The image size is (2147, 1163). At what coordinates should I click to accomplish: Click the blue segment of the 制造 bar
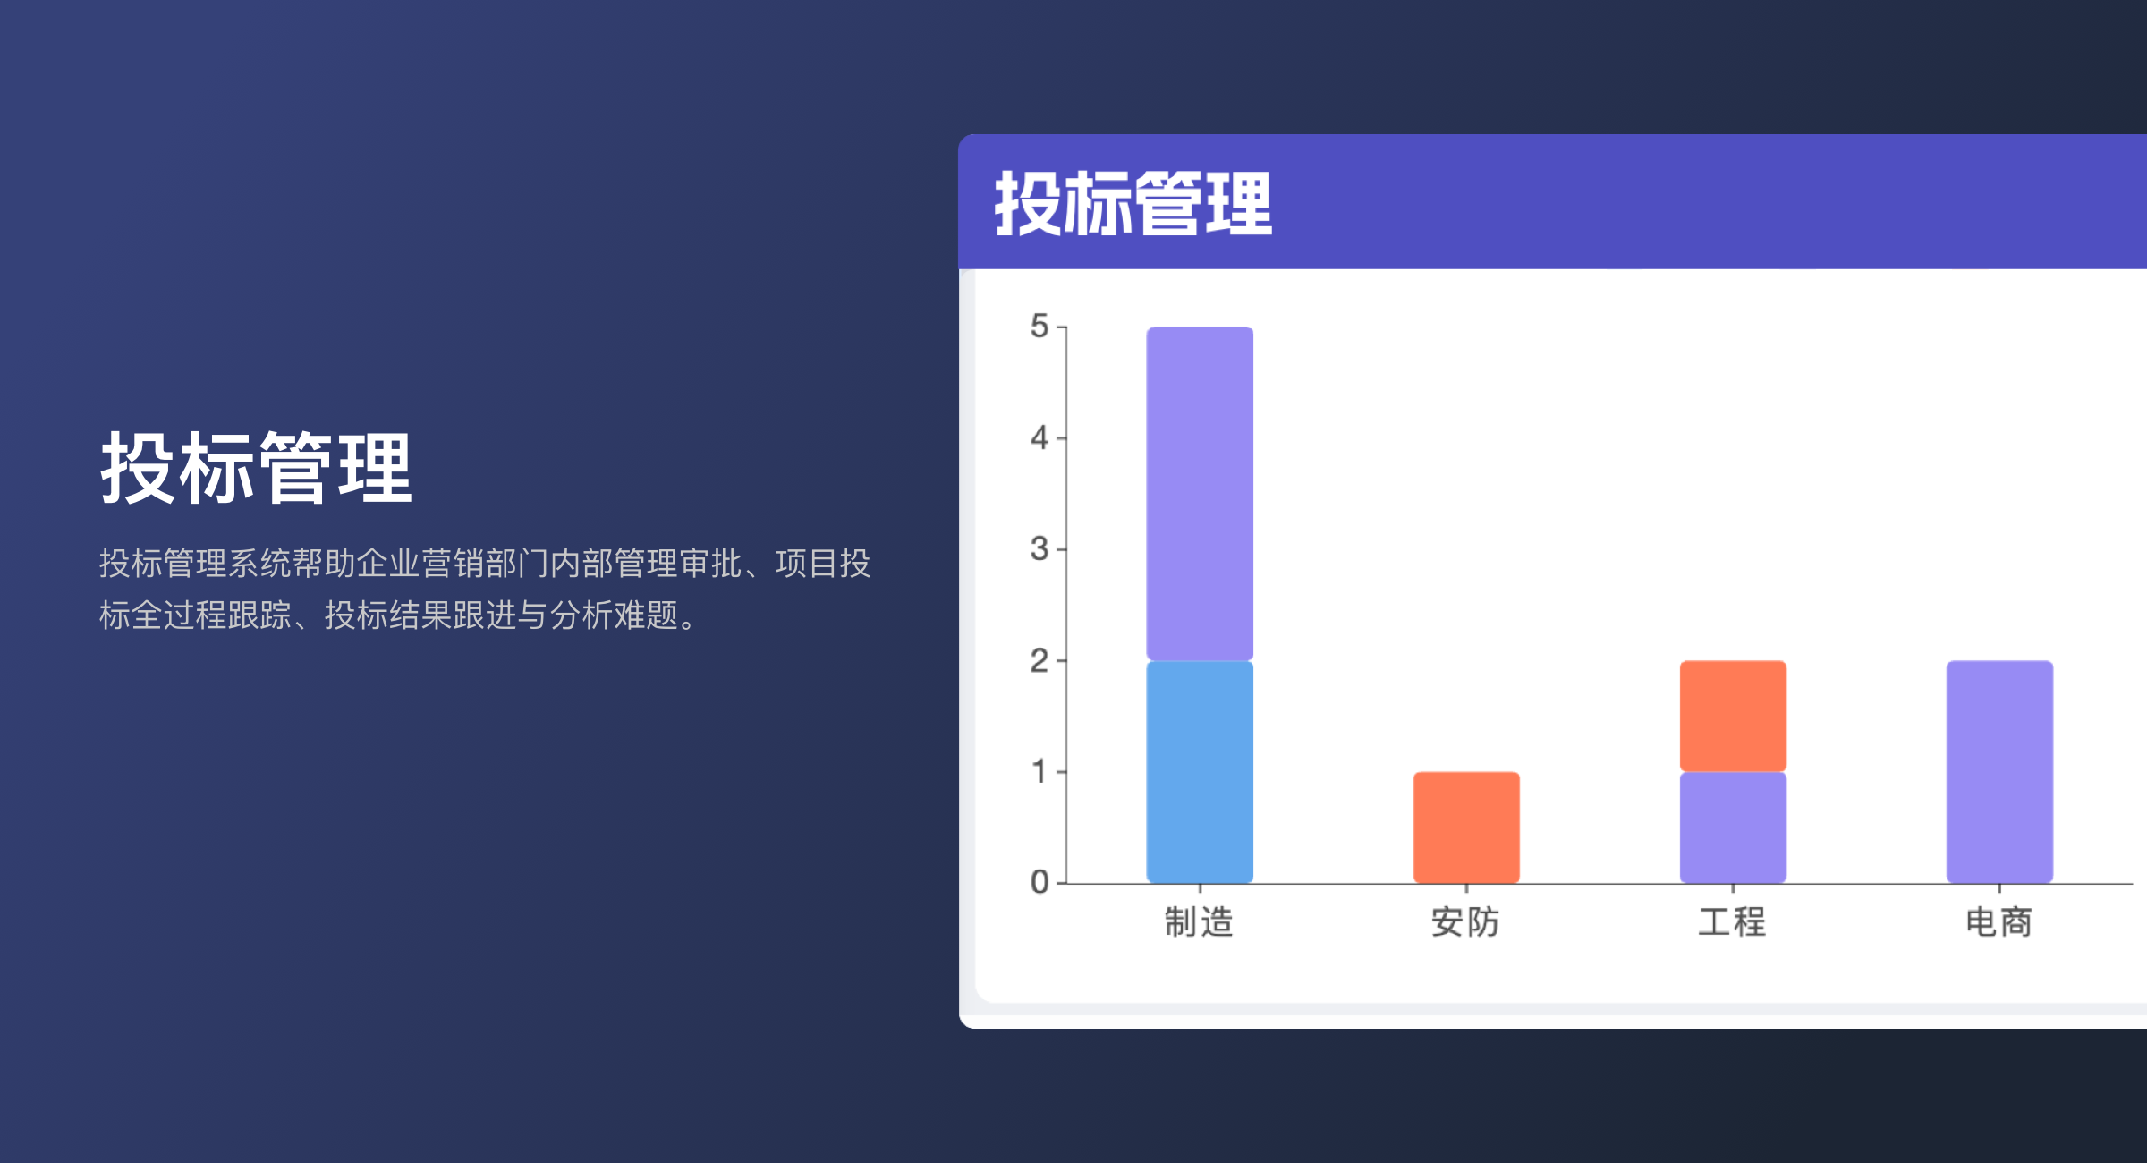tap(1200, 772)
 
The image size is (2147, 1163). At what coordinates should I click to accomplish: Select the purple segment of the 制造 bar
tap(1200, 494)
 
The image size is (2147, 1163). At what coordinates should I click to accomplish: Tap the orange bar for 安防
tap(1466, 828)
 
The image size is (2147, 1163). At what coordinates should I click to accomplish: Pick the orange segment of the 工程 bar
tap(1733, 716)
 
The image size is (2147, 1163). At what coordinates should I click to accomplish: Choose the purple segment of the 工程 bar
tap(1733, 828)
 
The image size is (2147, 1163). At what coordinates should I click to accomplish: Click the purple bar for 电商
tap(1999, 772)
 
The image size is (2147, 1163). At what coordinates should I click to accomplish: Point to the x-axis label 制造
tap(1199, 922)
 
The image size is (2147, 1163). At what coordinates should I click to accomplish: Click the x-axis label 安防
tap(1465, 922)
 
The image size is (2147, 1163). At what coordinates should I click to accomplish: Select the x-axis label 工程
tap(1732, 922)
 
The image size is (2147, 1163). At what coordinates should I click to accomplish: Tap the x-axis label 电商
tap(1998, 922)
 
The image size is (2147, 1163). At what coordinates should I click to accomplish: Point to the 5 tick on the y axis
tap(1040, 327)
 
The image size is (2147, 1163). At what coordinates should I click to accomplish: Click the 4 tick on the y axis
tap(1040, 438)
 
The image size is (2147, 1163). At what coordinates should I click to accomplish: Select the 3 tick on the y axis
tap(1040, 549)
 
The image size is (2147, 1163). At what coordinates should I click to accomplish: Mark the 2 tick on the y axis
tap(1040, 661)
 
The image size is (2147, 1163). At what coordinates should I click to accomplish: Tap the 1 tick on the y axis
tap(1040, 771)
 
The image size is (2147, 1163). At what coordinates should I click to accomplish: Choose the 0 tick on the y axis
tap(1040, 883)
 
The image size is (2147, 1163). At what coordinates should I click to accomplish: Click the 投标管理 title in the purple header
tap(1133, 204)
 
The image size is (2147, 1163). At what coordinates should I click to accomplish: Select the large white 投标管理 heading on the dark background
tap(256, 469)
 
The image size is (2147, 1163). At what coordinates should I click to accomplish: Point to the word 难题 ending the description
tap(646, 615)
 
